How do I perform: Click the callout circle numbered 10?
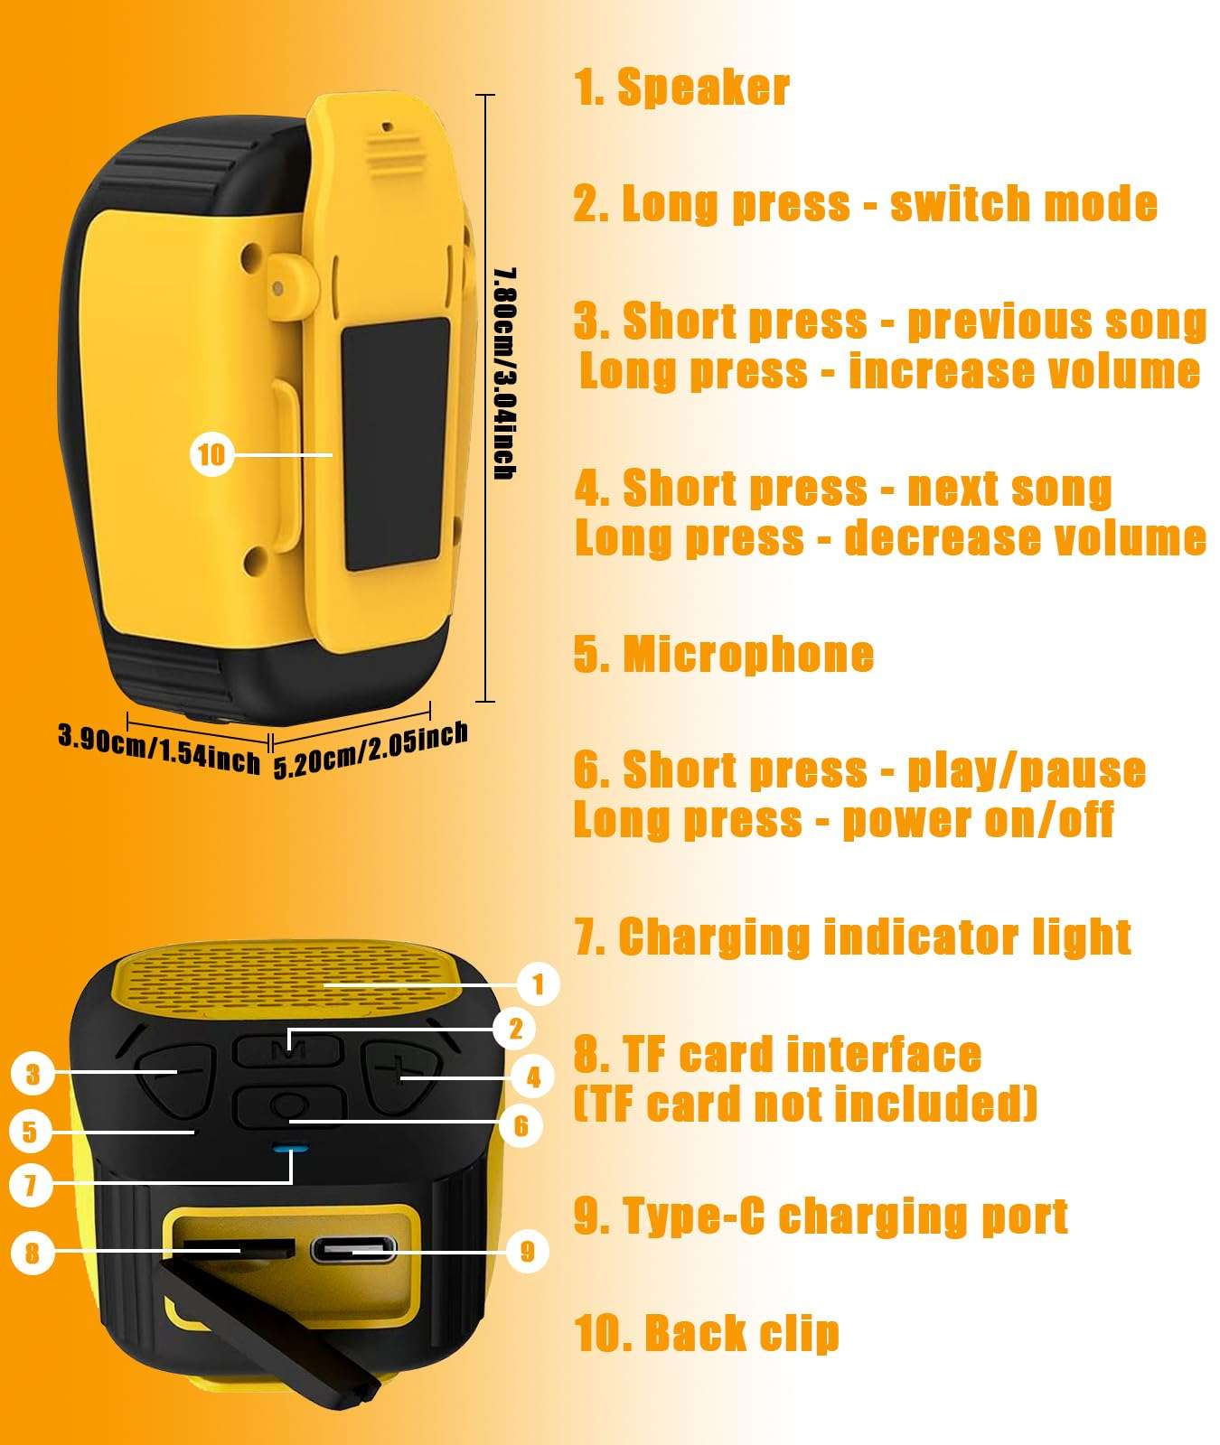pos(211,454)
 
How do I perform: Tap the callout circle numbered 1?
pos(538,984)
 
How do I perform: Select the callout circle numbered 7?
pos(32,1184)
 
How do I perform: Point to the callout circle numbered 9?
pos(528,1251)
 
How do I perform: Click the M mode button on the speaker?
pos(288,1050)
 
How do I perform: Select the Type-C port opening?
pos(353,1251)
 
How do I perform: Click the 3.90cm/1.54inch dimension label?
pos(159,748)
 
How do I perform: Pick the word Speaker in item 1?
pos(703,88)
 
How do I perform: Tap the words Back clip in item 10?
pos(742,1334)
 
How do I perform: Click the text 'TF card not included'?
pos(806,1104)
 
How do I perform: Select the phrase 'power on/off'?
pos(978,820)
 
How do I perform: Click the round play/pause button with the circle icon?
pos(290,1105)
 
